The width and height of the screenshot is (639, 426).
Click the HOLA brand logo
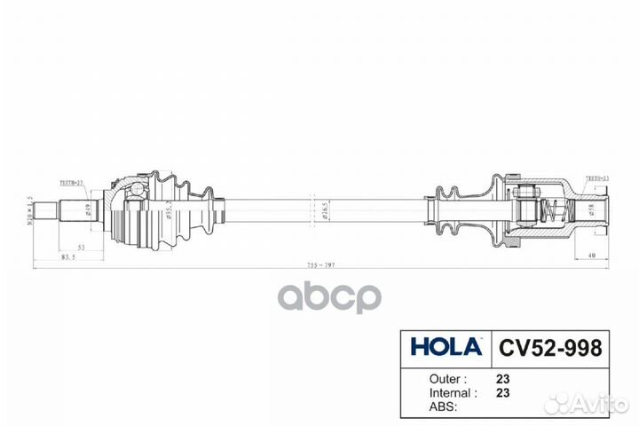click(446, 346)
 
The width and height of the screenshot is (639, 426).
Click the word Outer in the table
click(430, 376)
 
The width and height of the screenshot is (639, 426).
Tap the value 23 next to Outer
click(504, 376)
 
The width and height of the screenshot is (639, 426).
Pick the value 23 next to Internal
click(504, 391)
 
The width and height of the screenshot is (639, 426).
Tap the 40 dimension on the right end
click(590, 256)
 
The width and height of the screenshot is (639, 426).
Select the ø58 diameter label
click(591, 211)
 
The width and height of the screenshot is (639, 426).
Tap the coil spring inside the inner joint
click(551, 212)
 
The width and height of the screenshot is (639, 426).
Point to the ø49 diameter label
click(88, 211)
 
